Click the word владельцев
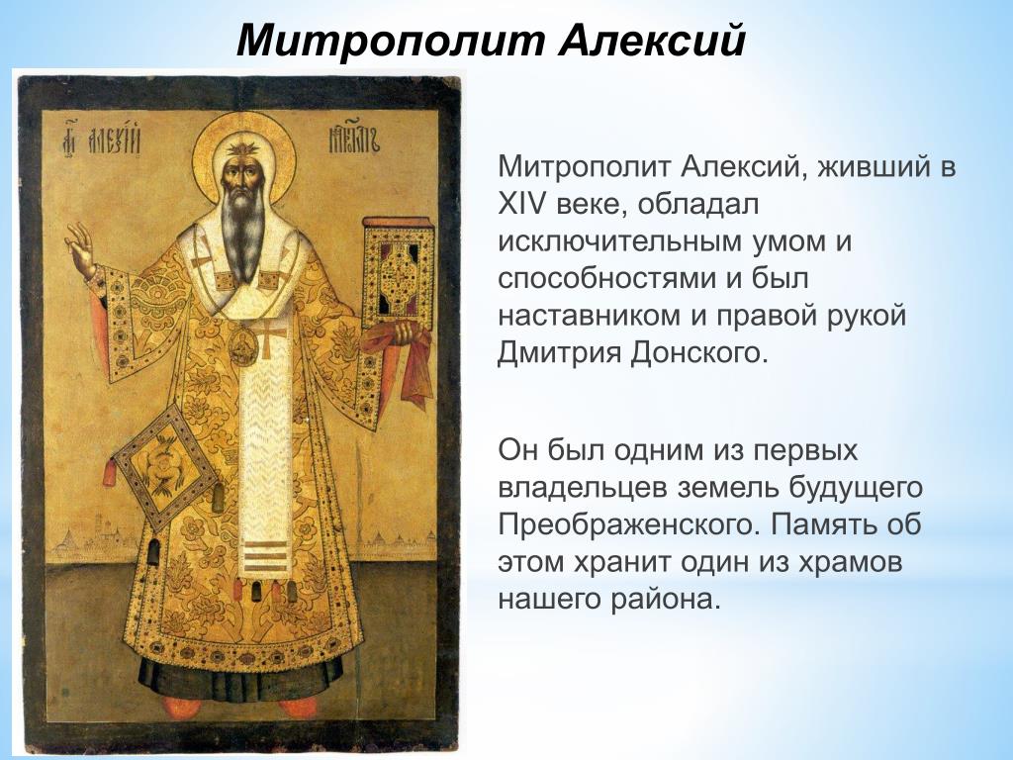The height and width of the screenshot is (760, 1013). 582,489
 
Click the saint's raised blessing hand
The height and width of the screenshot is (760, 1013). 81,250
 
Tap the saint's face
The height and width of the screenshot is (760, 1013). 243,173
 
